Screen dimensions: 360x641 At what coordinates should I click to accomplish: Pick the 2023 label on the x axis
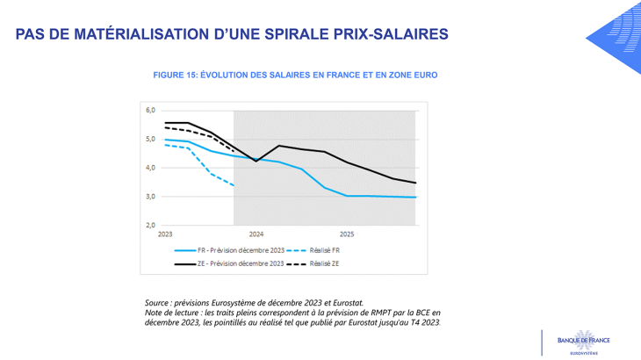[165, 235]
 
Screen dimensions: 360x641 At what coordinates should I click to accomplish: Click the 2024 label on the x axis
[256, 235]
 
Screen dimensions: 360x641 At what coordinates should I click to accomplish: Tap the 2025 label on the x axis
[347, 235]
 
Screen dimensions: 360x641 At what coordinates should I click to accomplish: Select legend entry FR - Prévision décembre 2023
[241, 250]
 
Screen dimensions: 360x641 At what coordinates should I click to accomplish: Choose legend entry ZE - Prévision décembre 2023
[241, 263]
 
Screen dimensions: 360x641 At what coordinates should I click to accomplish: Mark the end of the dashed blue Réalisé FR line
[233, 186]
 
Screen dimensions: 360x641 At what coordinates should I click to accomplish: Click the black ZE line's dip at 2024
[256, 161]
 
